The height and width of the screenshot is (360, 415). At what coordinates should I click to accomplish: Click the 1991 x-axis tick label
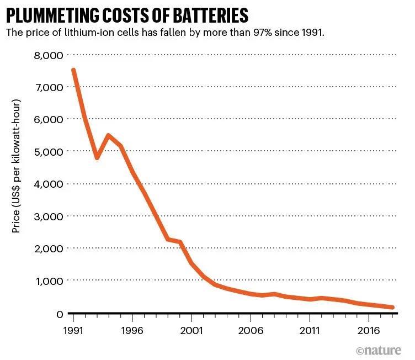(73, 331)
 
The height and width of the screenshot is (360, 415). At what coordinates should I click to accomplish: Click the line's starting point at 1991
(73, 70)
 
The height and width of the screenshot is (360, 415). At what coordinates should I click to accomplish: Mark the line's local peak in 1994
(109, 135)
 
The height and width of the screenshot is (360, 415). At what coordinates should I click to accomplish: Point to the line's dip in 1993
(97, 158)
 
